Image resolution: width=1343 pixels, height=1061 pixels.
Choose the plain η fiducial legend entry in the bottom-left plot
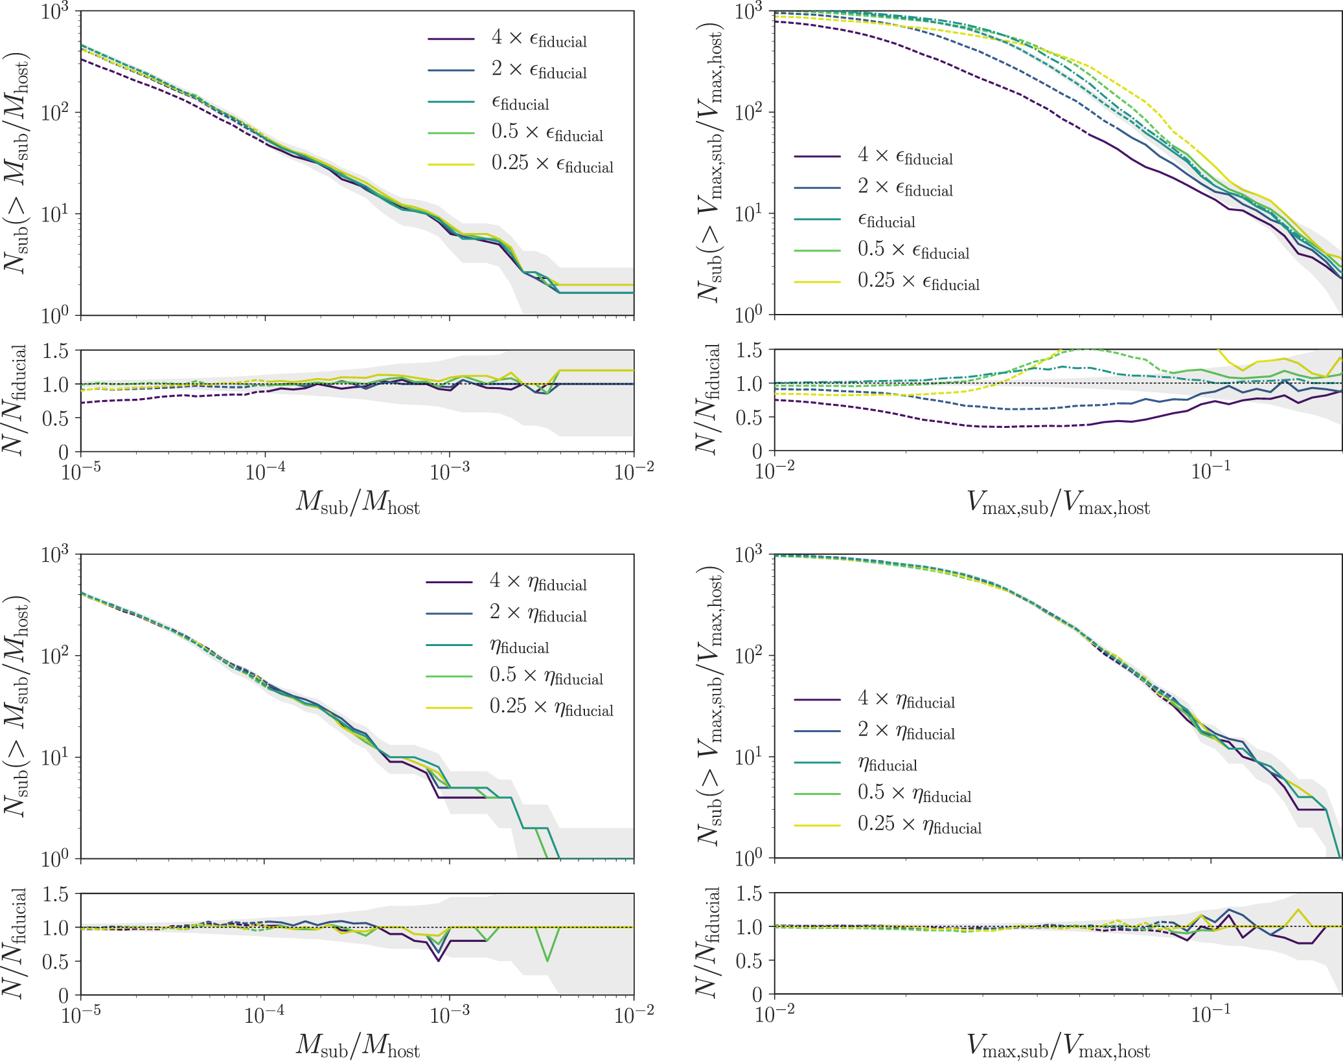519,645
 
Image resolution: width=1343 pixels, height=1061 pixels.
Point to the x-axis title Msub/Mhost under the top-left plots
358,502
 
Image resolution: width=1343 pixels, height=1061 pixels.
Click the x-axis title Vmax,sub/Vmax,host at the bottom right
1058,1046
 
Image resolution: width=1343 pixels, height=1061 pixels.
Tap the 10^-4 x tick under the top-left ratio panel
265,471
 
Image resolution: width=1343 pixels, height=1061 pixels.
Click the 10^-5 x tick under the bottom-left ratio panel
80,1014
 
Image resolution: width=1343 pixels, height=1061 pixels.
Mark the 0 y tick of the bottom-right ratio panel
757,994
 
